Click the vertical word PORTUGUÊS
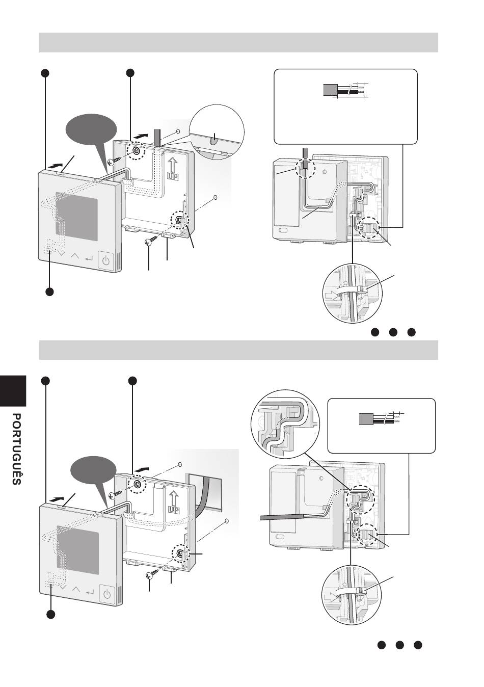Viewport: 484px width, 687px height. [16, 449]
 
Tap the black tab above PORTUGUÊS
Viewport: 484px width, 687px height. [13, 390]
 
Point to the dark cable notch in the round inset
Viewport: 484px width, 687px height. [214, 141]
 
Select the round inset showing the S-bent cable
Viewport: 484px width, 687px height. [285, 425]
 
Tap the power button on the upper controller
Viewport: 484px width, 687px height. [106, 261]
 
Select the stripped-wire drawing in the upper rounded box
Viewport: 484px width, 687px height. [345, 90]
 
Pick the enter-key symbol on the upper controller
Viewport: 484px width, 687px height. [89, 258]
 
